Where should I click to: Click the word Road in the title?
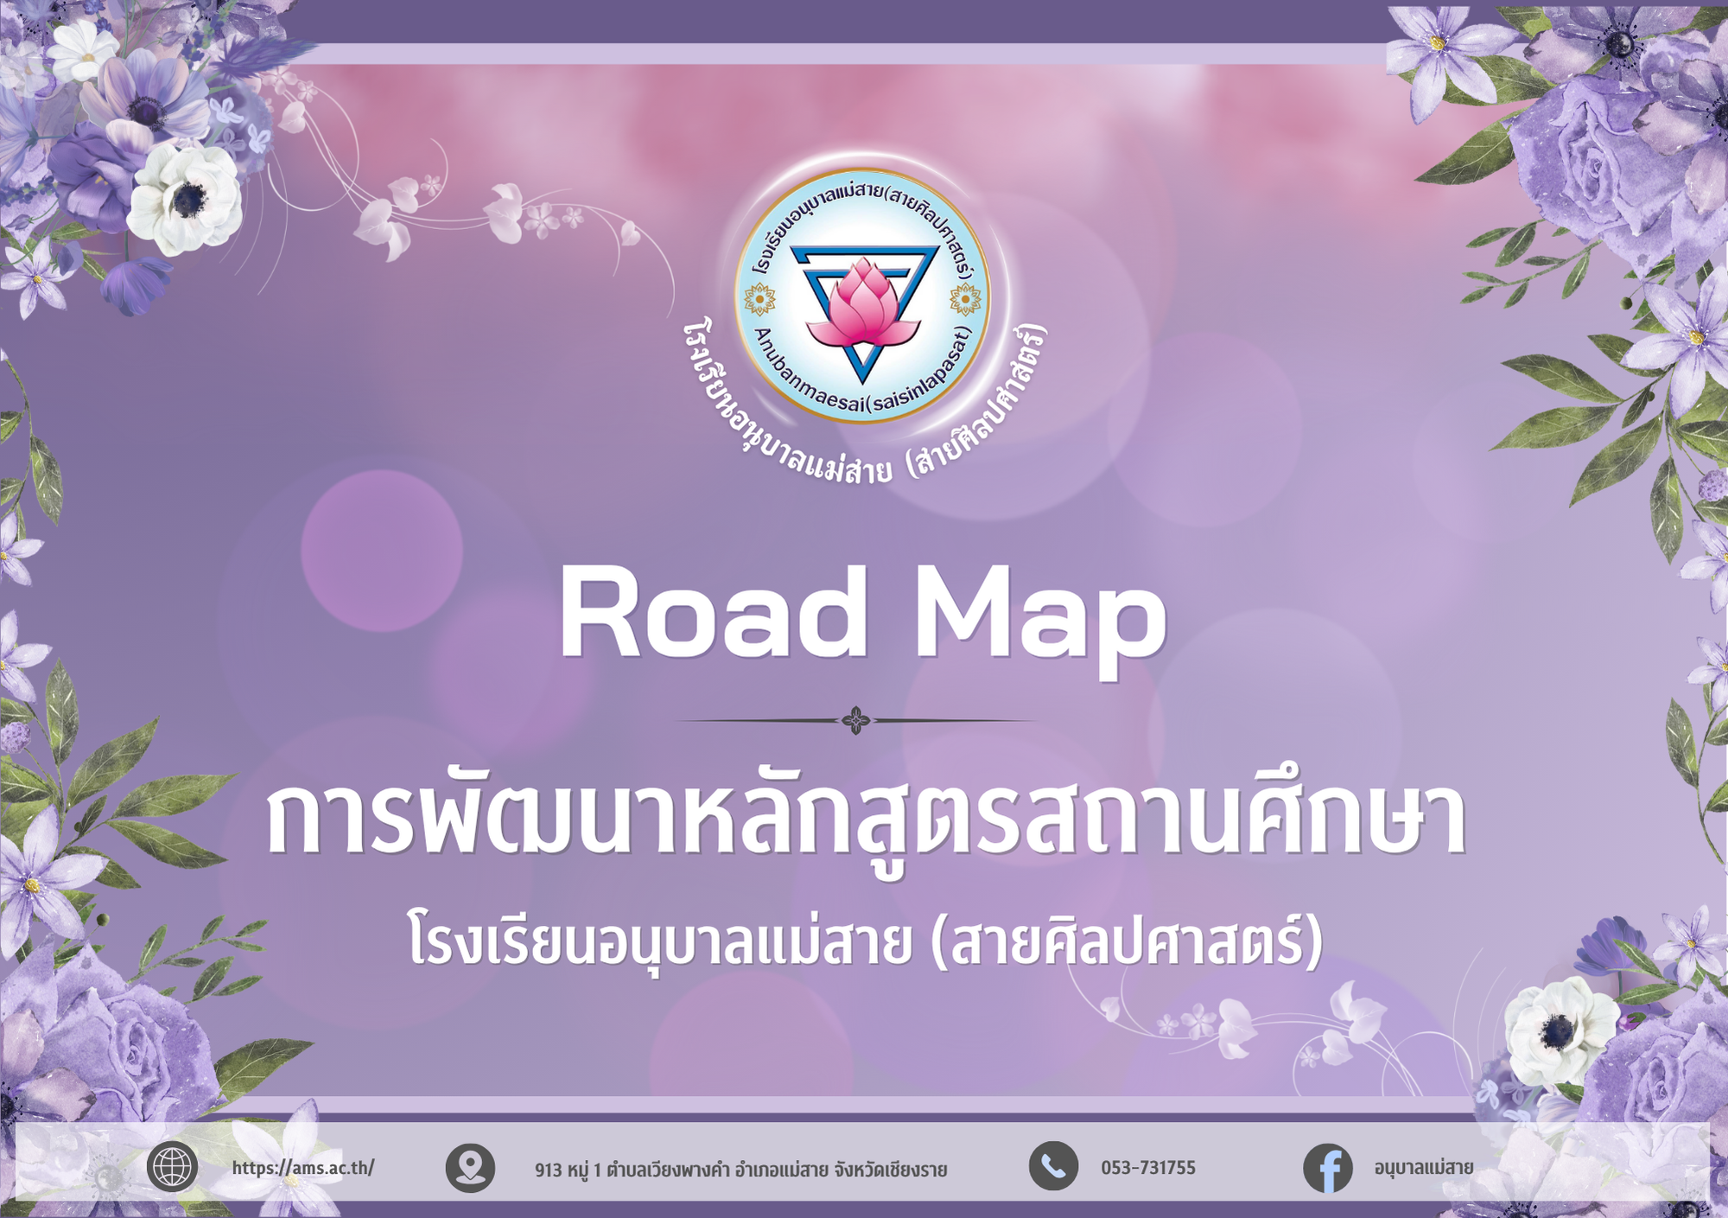[714, 614]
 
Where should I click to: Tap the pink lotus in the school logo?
[861, 302]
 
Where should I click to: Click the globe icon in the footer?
[172, 1168]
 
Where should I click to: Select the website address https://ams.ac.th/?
[303, 1168]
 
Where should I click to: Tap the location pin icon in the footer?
[470, 1168]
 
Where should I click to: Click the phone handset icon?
[1053, 1166]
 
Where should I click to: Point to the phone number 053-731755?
[1148, 1168]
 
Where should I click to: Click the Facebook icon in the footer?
[1328, 1169]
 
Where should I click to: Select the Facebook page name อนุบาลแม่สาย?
[1424, 1168]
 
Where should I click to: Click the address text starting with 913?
[741, 1170]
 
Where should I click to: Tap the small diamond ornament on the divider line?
[856, 720]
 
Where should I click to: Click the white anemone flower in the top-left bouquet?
[185, 198]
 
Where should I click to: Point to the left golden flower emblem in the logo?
[759, 300]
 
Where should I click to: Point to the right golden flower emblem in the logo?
[964, 300]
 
